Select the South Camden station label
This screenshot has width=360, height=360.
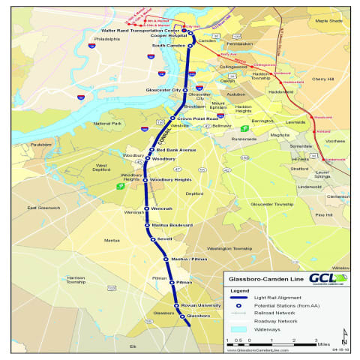(x=169, y=46)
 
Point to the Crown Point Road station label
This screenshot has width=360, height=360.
(x=196, y=118)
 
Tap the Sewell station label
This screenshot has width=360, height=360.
(x=166, y=239)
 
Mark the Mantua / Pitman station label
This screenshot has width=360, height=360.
(x=189, y=259)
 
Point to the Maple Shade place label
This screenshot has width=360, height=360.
(x=328, y=20)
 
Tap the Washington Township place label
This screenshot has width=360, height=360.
(x=229, y=248)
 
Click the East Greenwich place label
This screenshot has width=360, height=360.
(x=43, y=208)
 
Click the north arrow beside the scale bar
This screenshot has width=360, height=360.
(x=343, y=334)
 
